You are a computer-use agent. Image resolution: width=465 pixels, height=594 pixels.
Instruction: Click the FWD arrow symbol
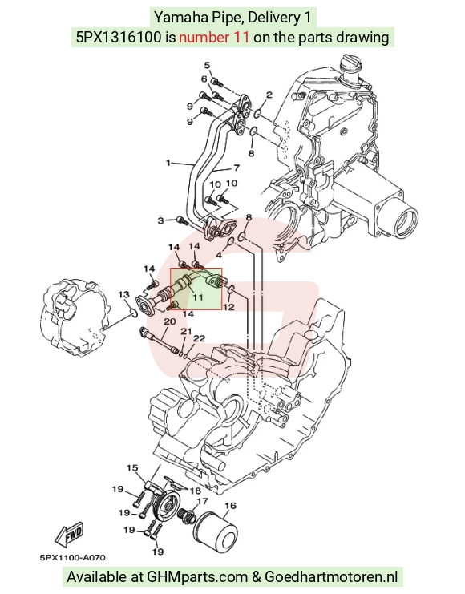tap(70, 535)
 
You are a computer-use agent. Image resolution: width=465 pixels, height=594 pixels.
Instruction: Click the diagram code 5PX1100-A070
tap(72, 558)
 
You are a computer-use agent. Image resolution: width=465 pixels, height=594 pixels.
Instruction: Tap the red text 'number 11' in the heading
tap(214, 37)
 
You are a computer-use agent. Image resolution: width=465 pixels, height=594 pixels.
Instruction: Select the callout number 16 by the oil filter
tap(230, 506)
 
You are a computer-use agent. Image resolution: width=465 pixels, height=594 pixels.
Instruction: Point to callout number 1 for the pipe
tap(168, 163)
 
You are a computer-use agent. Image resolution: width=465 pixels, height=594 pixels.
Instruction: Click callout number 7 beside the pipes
tap(237, 167)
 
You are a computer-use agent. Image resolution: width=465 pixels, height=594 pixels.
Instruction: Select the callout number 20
tap(169, 321)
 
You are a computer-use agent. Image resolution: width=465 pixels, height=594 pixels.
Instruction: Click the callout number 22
tap(199, 338)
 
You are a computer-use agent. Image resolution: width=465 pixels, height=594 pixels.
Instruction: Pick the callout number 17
tap(203, 501)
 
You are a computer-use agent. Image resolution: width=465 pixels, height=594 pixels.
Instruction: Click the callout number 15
tap(132, 468)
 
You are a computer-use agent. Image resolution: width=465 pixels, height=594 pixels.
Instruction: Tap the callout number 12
tap(228, 307)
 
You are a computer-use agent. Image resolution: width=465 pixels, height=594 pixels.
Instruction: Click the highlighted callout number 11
tap(198, 297)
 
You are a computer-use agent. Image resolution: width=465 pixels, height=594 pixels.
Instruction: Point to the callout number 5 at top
tap(207, 65)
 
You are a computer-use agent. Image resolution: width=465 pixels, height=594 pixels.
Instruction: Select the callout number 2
tap(269, 95)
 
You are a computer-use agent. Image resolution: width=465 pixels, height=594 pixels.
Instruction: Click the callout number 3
tap(161, 220)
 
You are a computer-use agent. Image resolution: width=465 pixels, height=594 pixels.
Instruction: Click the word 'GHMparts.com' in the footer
tap(197, 577)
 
